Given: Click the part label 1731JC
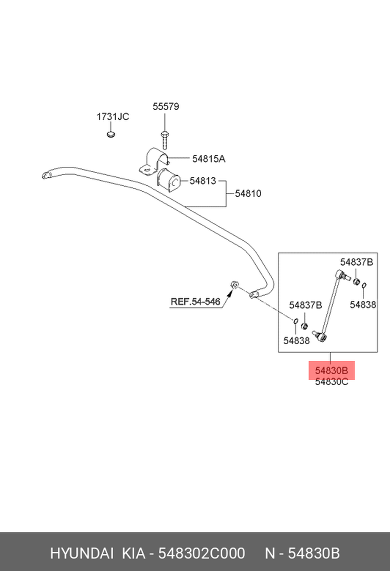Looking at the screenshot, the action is click(x=113, y=117).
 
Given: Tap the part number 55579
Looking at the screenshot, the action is click(x=166, y=107).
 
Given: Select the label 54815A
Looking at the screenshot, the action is click(x=209, y=159).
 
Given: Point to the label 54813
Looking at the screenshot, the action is click(x=203, y=181).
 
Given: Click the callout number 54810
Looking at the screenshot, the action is click(x=248, y=194).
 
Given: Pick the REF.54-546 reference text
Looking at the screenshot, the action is click(x=195, y=301).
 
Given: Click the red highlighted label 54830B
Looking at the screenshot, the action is click(x=331, y=371).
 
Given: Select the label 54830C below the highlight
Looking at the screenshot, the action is click(x=331, y=382).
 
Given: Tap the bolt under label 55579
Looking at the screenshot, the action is click(x=165, y=140).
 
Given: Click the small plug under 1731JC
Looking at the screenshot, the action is click(x=111, y=134).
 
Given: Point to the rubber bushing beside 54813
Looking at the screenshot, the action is click(x=168, y=181).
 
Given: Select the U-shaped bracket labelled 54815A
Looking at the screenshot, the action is click(x=154, y=161).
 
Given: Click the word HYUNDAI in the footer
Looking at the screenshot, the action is click(x=82, y=553).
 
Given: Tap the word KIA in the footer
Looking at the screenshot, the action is click(x=134, y=553).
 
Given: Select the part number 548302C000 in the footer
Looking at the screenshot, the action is click(x=202, y=553).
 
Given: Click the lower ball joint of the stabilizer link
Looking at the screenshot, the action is click(x=323, y=338).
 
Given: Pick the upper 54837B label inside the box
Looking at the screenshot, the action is click(x=356, y=262).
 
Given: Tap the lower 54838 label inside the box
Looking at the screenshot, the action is click(x=296, y=340).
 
